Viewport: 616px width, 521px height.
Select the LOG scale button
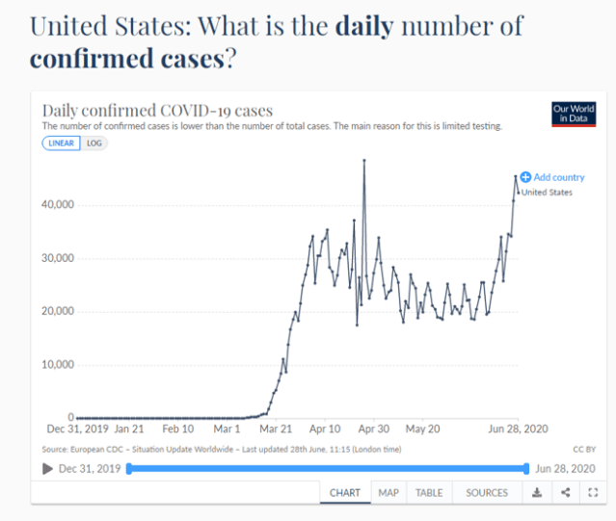click(94, 143)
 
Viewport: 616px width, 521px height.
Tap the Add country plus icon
click(525, 177)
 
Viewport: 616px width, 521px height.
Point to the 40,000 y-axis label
click(56, 205)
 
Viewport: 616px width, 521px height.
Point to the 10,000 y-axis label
click(56, 365)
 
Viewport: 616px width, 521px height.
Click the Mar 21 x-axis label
click(277, 429)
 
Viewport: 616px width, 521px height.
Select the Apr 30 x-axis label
click(373, 429)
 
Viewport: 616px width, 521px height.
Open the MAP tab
click(388, 492)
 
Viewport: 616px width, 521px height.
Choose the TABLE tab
click(429, 492)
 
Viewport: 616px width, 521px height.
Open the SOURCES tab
click(487, 492)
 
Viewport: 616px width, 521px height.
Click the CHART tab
click(345, 492)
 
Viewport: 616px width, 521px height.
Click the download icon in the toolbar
click(537, 492)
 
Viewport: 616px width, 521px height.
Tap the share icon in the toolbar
click(565, 492)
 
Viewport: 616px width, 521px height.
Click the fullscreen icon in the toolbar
click(592, 492)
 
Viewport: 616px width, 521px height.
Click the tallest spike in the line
click(363, 160)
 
